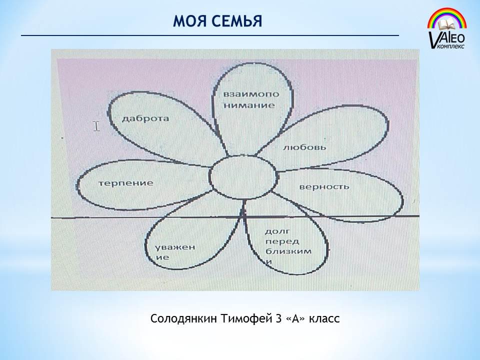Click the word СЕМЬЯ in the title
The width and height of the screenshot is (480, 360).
pyautogui.click(x=236, y=21)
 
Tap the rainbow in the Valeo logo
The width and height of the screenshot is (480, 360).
pyautogui.click(x=447, y=18)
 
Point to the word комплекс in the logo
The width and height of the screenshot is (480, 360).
pyautogui.click(x=451, y=46)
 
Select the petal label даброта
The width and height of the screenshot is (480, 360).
pyautogui.click(x=145, y=118)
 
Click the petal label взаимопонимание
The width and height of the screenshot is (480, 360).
pyautogui.click(x=251, y=100)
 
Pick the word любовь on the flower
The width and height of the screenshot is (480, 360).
pyautogui.click(x=304, y=147)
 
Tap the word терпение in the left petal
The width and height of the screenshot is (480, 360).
pyautogui.click(x=126, y=183)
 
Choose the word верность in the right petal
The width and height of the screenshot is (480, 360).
pyautogui.click(x=324, y=186)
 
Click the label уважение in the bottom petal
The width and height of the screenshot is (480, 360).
pyautogui.click(x=175, y=252)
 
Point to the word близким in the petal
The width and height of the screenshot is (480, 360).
pyautogui.click(x=288, y=251)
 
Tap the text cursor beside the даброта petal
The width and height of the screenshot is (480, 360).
pyautogui.click(x=96, y=126)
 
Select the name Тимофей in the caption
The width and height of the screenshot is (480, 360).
pyautogui.click(x=245, y=318)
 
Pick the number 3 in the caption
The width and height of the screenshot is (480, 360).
pyautogui.click(x=278, y=318)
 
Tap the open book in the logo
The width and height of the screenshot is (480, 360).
pyautogui.click(x=447, y=24)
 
